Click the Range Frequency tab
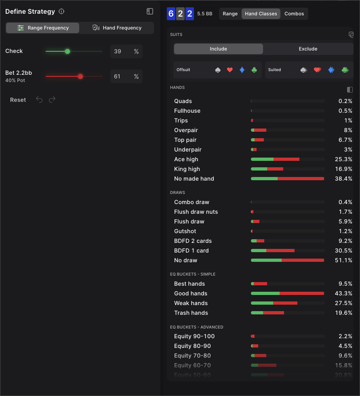click(x=42, y=28)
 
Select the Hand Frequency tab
click(x=117, y=28)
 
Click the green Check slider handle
click(x=67, y=51)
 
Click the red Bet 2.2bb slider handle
click(x=80, y=76)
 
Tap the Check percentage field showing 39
click(x=121, y=51)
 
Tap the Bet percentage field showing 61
click(x=121, y=76)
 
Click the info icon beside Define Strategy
click(x=61, y=12)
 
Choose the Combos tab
click(x=294, y=14)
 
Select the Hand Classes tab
click(x=261, y=14)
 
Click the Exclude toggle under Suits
click(x=308, y=49)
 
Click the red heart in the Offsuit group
click(x=230, y=70)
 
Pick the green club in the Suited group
click(x=345, y=70)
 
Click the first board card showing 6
click(x=171, y=14)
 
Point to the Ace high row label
click(x=186, y=159)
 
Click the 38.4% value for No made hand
click(x=343, y=179)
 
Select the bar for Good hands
click(x=287, y=293)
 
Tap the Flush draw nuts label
click(x=196, y=212)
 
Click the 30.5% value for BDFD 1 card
click(x=343, y=251)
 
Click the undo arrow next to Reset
click(x=39, y=100)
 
